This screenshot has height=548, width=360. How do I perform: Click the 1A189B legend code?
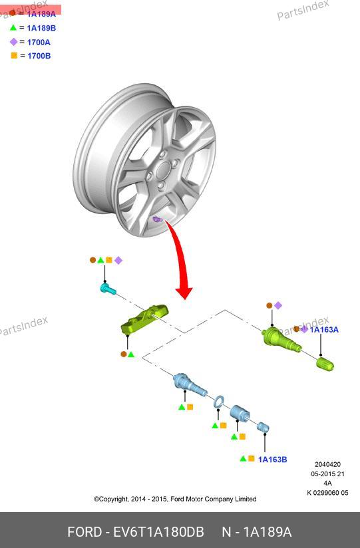pos(41,28)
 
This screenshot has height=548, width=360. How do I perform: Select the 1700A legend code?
pos(39,43)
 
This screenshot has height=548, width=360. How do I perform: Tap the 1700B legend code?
pos(39,56)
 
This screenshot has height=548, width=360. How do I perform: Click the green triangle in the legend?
pos(13,27)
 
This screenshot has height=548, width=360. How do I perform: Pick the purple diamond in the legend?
pos(13,42)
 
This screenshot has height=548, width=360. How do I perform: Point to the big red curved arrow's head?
pos(184,293)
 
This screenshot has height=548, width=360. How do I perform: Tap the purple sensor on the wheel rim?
pos(157,219)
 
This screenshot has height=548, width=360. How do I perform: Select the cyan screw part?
pos(107,289)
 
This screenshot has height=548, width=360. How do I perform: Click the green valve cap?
pos(325,364)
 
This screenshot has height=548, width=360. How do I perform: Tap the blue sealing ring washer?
pos(219,401)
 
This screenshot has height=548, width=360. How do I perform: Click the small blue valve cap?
pos(263,427)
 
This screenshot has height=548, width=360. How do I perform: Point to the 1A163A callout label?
pos(324,330)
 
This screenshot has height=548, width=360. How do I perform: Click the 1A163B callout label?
pos(273,460)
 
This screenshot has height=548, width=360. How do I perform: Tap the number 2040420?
pos(327,464)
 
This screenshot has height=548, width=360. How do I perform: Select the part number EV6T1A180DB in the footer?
pos(158,532)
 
